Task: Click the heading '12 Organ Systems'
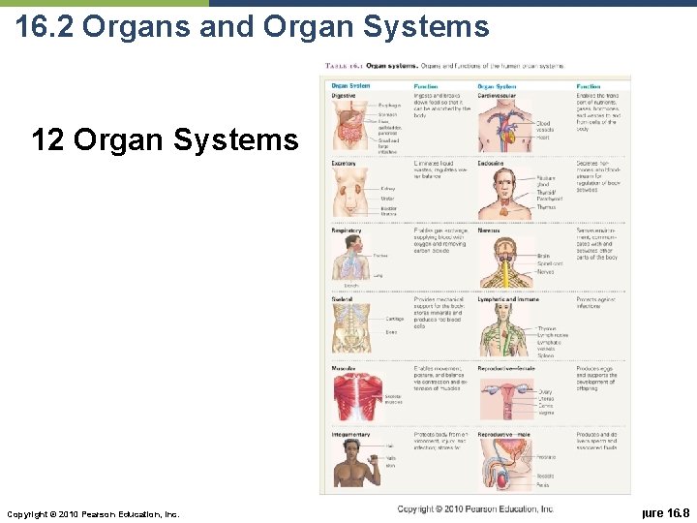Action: coord(165,140)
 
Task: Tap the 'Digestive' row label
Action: coord(344,96)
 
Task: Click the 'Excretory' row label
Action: coord(345,164)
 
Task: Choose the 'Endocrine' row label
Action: coord(492,164)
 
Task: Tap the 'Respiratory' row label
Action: coord(347,231)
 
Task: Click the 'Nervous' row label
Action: coord(490,231)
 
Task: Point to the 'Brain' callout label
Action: coord(543,257)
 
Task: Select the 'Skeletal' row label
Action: coord(343,299)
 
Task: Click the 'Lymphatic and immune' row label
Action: coord(509,299)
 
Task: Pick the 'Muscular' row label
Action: coord(344,368)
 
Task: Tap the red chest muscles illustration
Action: coord(353,397)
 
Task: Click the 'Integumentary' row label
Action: coord(350,435)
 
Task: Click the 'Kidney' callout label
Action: coord(388,189)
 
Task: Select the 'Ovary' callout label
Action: coord(545,392)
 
